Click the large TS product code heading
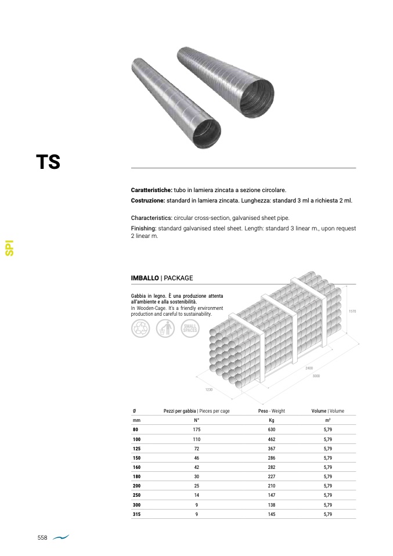[48, 162]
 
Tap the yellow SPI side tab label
[9, 248]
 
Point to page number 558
[42, 537]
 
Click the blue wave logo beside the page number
[61, 537]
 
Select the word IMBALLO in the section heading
[145, 278]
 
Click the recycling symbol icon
[140, 328]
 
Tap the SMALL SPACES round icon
[190, 328]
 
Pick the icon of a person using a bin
[165, 328]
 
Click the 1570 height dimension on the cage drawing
[352, 311]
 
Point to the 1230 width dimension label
[209, 389]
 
